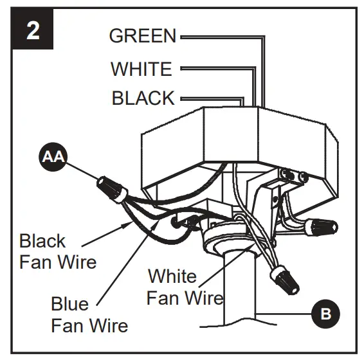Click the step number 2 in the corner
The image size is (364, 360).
click(32, 32)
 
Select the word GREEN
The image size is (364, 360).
click(142, 36)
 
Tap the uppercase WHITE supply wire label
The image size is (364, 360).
click(141, 68)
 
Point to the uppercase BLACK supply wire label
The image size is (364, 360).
click(143, 98)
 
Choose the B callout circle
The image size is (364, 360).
click(325, 314)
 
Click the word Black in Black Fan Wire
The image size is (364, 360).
click(42, 242)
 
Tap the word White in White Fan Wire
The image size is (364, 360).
click(172, 277)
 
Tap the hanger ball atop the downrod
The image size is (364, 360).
click(225, 241)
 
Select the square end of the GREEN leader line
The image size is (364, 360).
click(183, 37)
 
